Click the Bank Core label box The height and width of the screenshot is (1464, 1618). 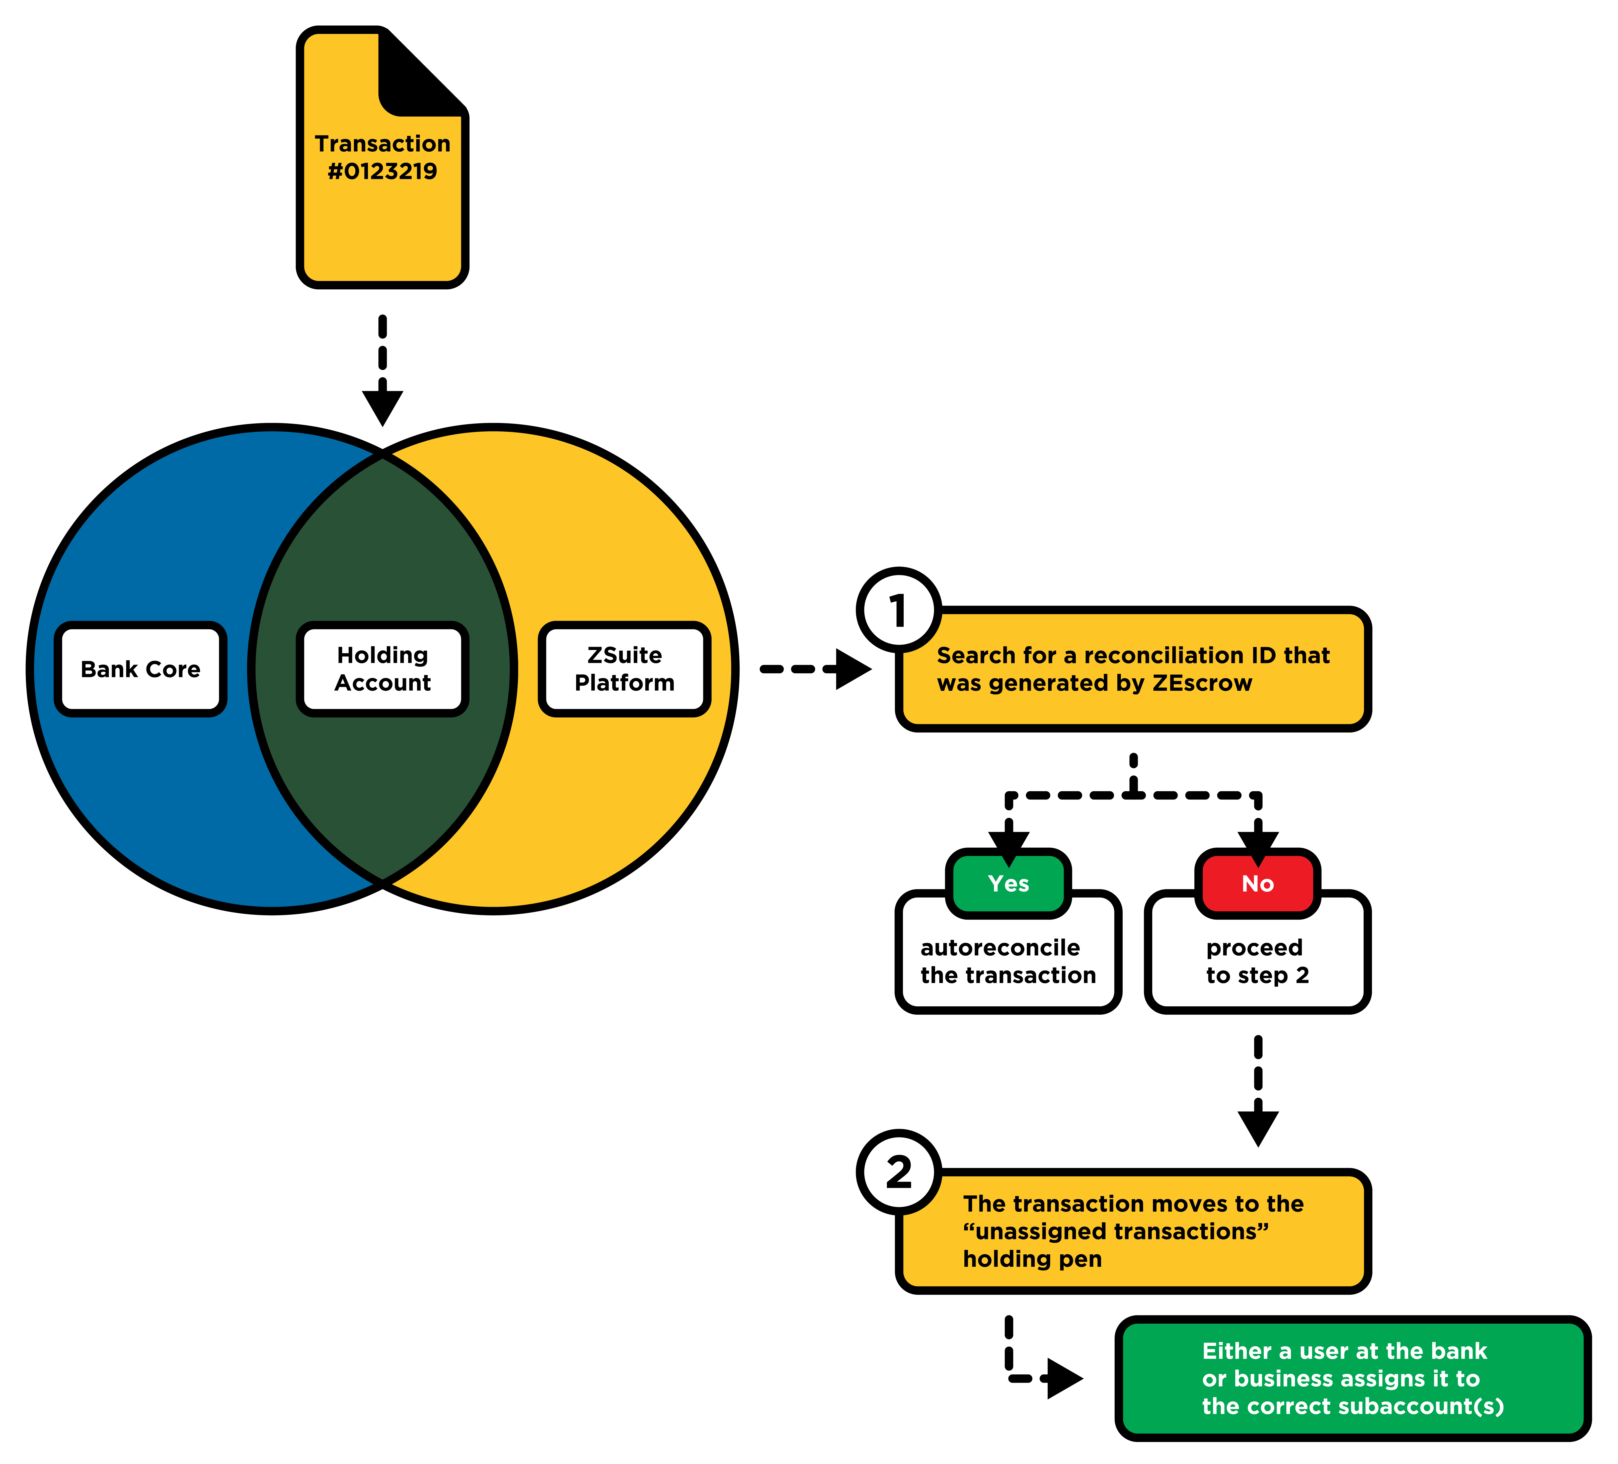click(x=140, y=669)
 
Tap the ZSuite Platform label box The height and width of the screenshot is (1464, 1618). click(x=625, y=669)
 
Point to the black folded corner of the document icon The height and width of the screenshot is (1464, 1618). click(x=417, y=76)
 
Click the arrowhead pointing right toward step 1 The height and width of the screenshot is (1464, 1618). click(x=852, y=669)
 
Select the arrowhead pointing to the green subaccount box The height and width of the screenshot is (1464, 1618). click(x=1063, y=1379)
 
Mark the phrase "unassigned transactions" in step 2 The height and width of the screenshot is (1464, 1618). click(x=1116, y=1231)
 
